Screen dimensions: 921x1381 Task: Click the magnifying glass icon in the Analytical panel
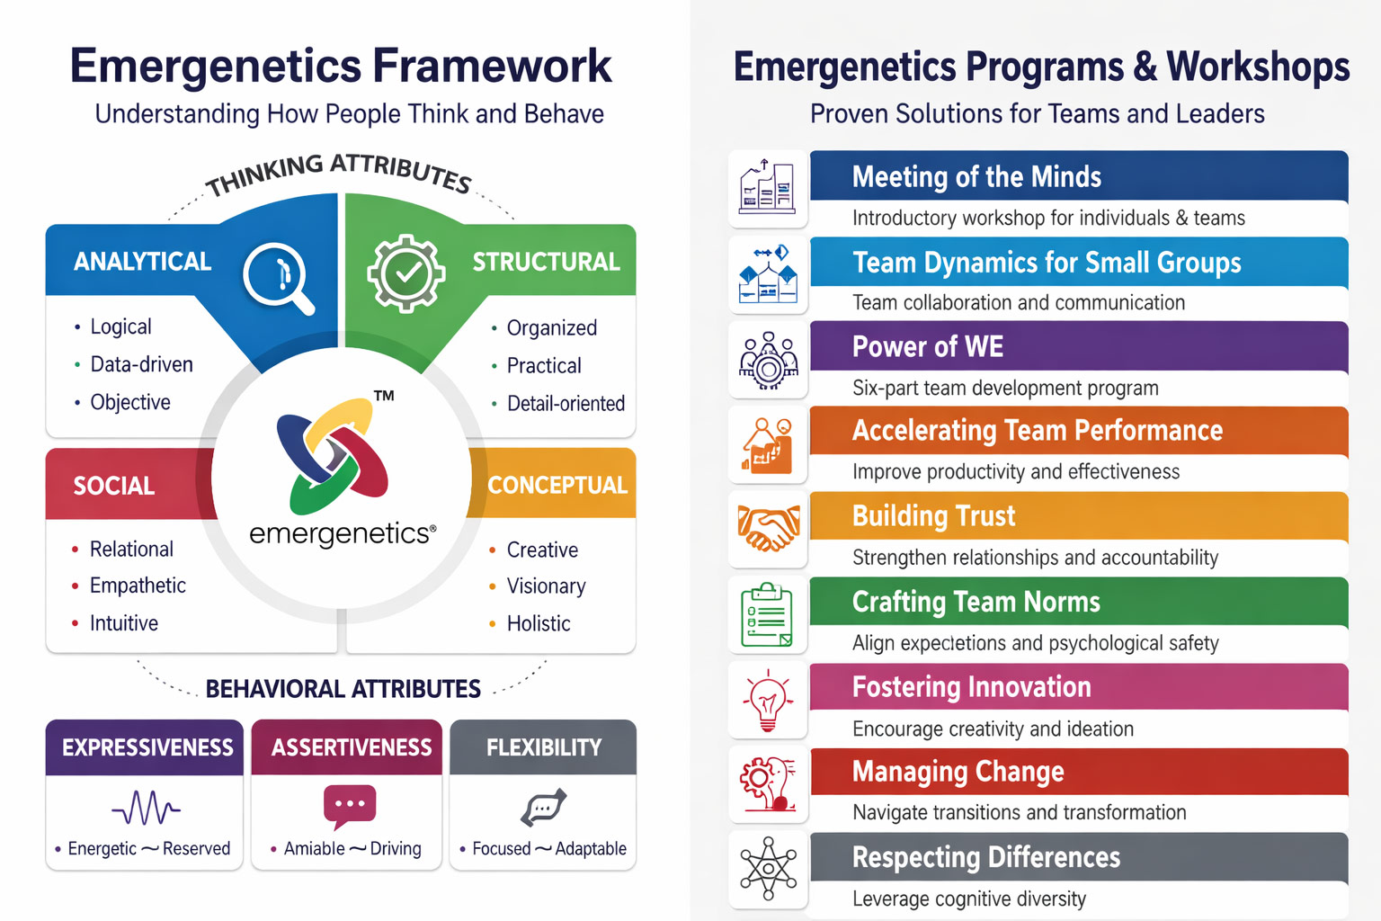278,277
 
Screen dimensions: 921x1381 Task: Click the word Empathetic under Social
138,586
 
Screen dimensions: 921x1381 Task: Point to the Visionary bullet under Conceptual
546,586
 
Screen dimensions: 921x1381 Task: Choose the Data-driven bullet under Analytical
141,364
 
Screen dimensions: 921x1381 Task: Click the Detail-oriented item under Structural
566,404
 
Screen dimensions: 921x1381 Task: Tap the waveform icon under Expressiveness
146,808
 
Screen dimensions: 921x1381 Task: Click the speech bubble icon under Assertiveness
350,806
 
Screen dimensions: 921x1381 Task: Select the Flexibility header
543,747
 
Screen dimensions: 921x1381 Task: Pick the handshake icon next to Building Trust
768,528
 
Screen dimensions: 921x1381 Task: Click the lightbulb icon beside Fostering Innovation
767,701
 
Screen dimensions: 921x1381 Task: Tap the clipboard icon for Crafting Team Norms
767,615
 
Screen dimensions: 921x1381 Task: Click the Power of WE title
927,347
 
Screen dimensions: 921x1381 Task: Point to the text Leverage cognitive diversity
968,899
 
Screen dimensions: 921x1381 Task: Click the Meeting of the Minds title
976,177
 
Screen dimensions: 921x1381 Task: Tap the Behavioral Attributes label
343,689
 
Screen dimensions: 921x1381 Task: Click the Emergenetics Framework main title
341,67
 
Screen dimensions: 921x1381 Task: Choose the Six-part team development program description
1005,388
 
